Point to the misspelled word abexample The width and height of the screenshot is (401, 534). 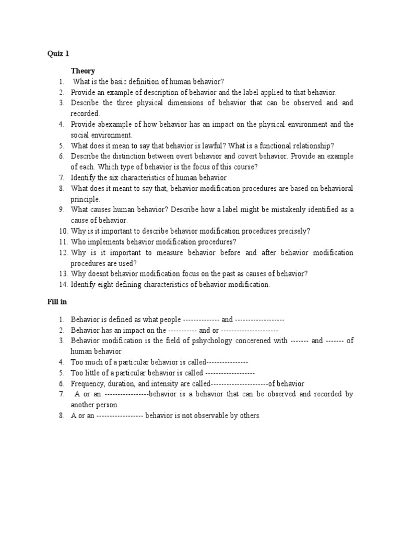point(114,124)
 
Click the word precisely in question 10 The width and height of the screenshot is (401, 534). point(290,231)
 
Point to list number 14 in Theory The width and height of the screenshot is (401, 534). point(63,285)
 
